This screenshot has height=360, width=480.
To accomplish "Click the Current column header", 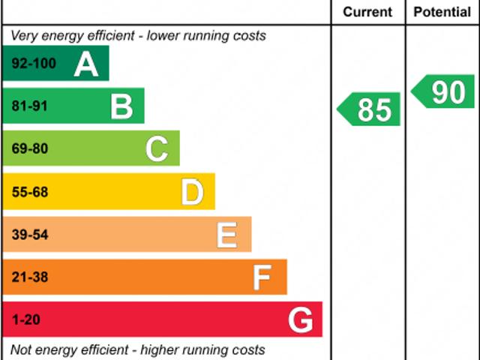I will tap(367, 12).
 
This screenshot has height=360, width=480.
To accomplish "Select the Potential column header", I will tap(442, 12).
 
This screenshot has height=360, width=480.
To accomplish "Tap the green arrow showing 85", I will tap(369, 109).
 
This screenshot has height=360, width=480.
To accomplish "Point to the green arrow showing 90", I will tap(444, 91).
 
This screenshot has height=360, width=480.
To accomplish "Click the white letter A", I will tap(86, 64).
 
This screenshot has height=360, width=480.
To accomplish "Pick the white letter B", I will tap(121, 106).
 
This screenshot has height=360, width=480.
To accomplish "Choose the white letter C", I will tap(157, 148).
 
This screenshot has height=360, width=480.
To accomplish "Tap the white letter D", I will tap(193, 192).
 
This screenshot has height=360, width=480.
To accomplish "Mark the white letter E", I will tap(227, 235).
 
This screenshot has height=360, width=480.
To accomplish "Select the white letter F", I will tap(262, 277).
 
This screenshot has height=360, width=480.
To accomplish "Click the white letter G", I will tap(300, 320).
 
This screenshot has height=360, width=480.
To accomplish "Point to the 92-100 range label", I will tap(34, 64).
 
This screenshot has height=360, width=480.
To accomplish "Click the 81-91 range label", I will tap(30, 106).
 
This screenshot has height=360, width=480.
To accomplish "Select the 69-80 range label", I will tap(30, 148).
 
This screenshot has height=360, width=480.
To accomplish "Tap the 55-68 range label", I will tap(30, 192).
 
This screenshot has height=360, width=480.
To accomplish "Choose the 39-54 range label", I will tap(30, 235).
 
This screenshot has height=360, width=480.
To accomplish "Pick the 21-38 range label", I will tap(30, 277).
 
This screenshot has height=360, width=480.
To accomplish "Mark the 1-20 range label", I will tap(26, 320).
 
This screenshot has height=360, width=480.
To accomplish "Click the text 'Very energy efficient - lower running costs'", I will tap(138, 35).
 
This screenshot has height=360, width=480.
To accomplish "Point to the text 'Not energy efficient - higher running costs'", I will tap(138, 349).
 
